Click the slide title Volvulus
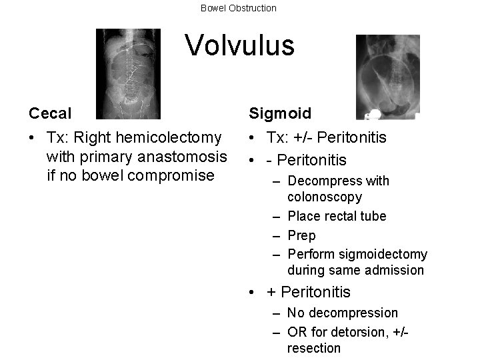(239, 45)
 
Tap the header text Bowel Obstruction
(239, 8)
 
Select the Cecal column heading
(51, 113)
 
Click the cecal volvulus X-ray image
(128, 73)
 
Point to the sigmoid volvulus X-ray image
(387, 77)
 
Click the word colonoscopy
(325, 197)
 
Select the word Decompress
(323, 181)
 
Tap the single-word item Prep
(301, 235)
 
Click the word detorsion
(349, 331)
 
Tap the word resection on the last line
(313, 348)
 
